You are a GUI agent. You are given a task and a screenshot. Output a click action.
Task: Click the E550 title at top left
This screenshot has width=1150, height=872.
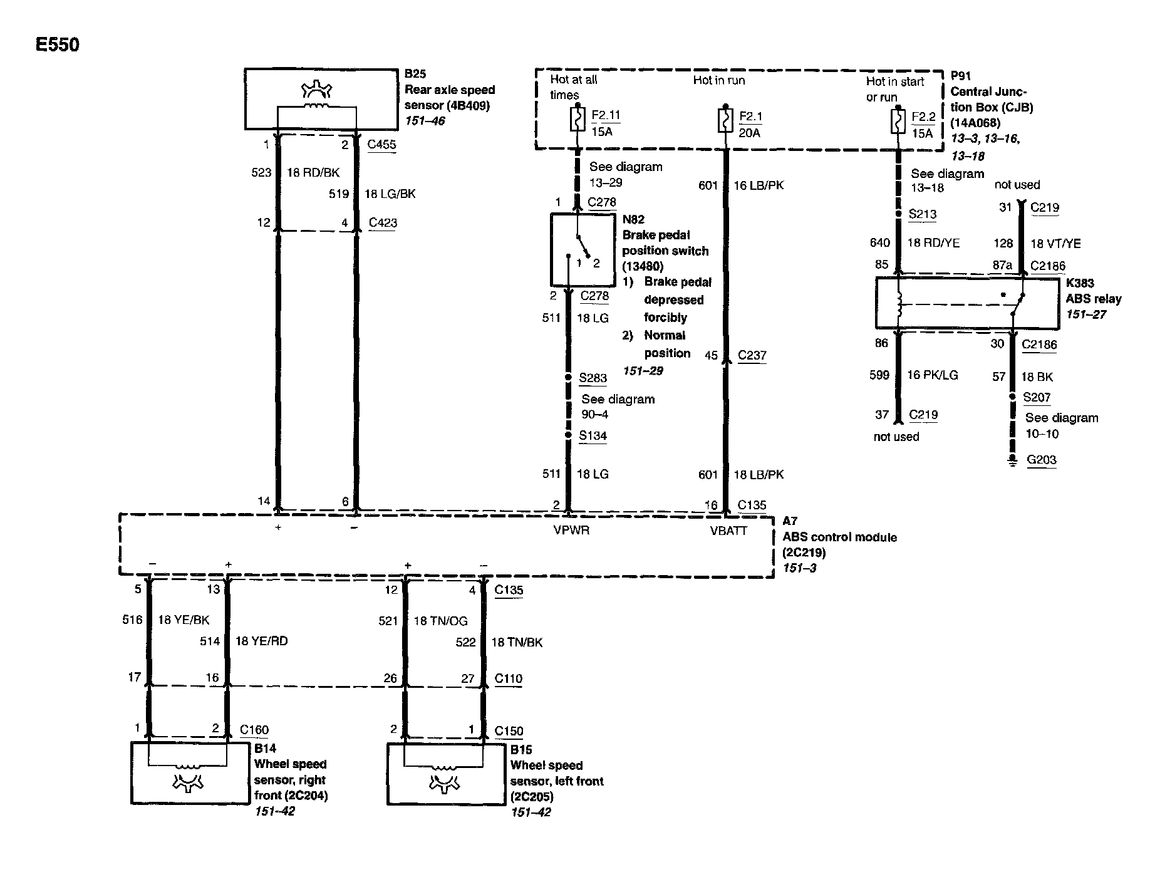pyautogui.click(x=58, y=45)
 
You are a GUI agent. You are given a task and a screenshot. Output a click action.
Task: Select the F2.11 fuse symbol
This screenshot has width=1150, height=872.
pyautogui.click(x=578, y=119)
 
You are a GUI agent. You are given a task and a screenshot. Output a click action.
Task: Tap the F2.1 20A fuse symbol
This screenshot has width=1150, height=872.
pyautogui.click(x=725, y=120)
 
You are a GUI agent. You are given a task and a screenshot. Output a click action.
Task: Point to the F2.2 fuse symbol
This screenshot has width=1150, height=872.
pyautogui.click(x=898, y=122)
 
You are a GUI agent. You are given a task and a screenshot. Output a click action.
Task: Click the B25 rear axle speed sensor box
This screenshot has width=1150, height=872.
pyautogui.click(x=321, y=99)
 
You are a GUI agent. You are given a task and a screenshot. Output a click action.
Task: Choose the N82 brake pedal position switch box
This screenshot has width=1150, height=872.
pyautogui.click(x=583, y=249)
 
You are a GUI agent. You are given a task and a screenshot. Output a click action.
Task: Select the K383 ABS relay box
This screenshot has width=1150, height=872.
pyautogui.click(x=967, y=303)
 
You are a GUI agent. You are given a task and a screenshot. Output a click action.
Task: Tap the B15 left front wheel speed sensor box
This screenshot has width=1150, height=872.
pyautogui.click(x=445, y=774)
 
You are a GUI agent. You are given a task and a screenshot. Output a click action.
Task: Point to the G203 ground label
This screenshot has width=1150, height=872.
pyautogui.click(x=1041, y=460)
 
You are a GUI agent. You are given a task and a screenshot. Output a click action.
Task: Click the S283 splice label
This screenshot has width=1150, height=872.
pyautogui.click(x=593, y=378)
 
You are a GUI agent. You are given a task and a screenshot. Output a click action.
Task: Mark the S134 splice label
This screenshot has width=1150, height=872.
pyautogui.click(x=593, y=436)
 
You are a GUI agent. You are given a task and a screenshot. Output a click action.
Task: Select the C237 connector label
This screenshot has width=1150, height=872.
pyautogui.click(x=752, y=355)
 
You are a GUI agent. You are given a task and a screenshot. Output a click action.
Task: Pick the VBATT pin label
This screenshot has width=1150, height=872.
pyautogui.click(x=728, y=531)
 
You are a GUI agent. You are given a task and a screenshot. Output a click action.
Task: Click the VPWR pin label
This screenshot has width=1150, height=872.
pyautogui.click(x=571, y=531)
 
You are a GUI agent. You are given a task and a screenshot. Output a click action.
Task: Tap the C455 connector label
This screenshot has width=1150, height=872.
pyautogui.click(x=381, y=145)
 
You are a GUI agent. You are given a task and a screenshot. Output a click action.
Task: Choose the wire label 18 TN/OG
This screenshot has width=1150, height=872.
pyautogui.click(x=440, y=620)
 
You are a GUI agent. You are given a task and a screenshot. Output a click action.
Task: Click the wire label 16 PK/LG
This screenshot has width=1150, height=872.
pyautogui.click(x=933, y=375)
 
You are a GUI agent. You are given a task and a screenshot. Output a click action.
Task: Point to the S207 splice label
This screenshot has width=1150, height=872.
pyautogui.click(x=1037, y=397)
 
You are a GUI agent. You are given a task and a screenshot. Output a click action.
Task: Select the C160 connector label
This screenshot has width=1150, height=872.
pyautogui.click(x=254, y=730)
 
